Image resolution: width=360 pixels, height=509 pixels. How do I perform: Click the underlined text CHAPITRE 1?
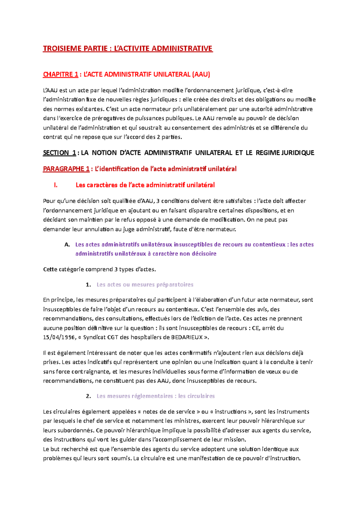point(61,74)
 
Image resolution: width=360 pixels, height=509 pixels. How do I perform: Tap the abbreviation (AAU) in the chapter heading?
point(201,74)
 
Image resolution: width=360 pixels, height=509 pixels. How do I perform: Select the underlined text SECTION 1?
point(59,153)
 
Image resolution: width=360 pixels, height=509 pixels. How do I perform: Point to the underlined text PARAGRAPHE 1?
point(66,169)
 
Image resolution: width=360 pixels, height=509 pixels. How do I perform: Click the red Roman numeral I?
point(55,185)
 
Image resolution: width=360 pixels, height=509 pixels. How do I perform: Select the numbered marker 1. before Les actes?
point(88,285)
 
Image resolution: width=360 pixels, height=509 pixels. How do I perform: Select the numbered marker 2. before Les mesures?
point(88,396)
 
